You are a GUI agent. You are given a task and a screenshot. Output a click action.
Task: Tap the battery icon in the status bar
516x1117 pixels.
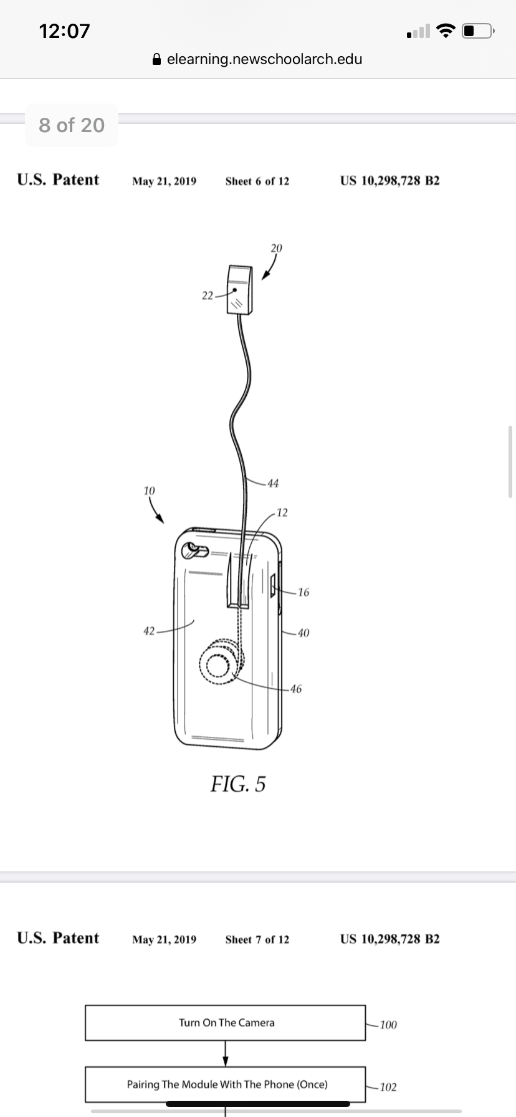click(x=478, y=31)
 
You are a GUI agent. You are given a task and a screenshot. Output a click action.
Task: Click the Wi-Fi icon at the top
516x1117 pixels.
click(x=445, y=31)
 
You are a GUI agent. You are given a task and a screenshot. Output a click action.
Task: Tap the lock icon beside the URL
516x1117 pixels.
click(x=157, y=59)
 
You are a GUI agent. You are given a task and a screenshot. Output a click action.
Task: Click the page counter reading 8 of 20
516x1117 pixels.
click(x=72, y=125)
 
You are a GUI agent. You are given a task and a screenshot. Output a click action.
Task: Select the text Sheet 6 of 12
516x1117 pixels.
click(x=257, y=181)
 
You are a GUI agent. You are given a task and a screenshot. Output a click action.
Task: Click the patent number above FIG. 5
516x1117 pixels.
click(x=389, y=181)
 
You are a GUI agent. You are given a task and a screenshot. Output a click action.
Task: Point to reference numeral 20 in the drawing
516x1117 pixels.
click(x=276, y=248)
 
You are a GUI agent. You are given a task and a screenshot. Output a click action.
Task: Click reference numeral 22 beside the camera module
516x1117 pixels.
click(x=208, y=295)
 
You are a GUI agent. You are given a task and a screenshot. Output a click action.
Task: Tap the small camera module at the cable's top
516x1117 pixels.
click(x=239, y=290)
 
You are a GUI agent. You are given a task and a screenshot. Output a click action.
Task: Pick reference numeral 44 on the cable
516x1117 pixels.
click(x=273, y=483)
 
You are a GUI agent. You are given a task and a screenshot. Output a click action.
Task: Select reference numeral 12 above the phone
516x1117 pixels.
click(x=282, y=512)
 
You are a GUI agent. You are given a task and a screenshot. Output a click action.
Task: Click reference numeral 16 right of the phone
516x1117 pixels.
click(x=303, y=592)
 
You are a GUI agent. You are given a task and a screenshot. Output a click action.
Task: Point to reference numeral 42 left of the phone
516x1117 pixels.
click(x=149, y=631)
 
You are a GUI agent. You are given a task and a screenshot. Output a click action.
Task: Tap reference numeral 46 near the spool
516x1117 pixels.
click(x=295, y=689)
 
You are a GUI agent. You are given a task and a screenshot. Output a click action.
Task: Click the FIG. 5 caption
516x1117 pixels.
click(x=238, y=784)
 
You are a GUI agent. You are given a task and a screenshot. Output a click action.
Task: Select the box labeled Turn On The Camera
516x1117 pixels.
click(x=225, y=1023)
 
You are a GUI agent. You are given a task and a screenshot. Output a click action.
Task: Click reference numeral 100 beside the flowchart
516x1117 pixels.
click(x=388, y=1025)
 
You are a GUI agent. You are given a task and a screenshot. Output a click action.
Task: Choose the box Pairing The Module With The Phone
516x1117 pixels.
click(x=225, y=1085)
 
